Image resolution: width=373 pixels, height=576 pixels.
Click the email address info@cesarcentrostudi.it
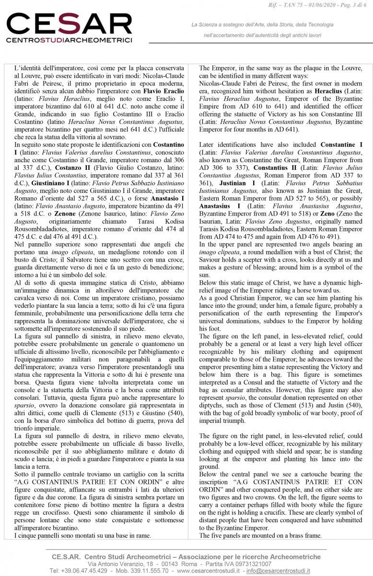point(298,571)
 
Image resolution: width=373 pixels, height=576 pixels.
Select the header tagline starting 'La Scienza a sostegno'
point(262,24)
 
